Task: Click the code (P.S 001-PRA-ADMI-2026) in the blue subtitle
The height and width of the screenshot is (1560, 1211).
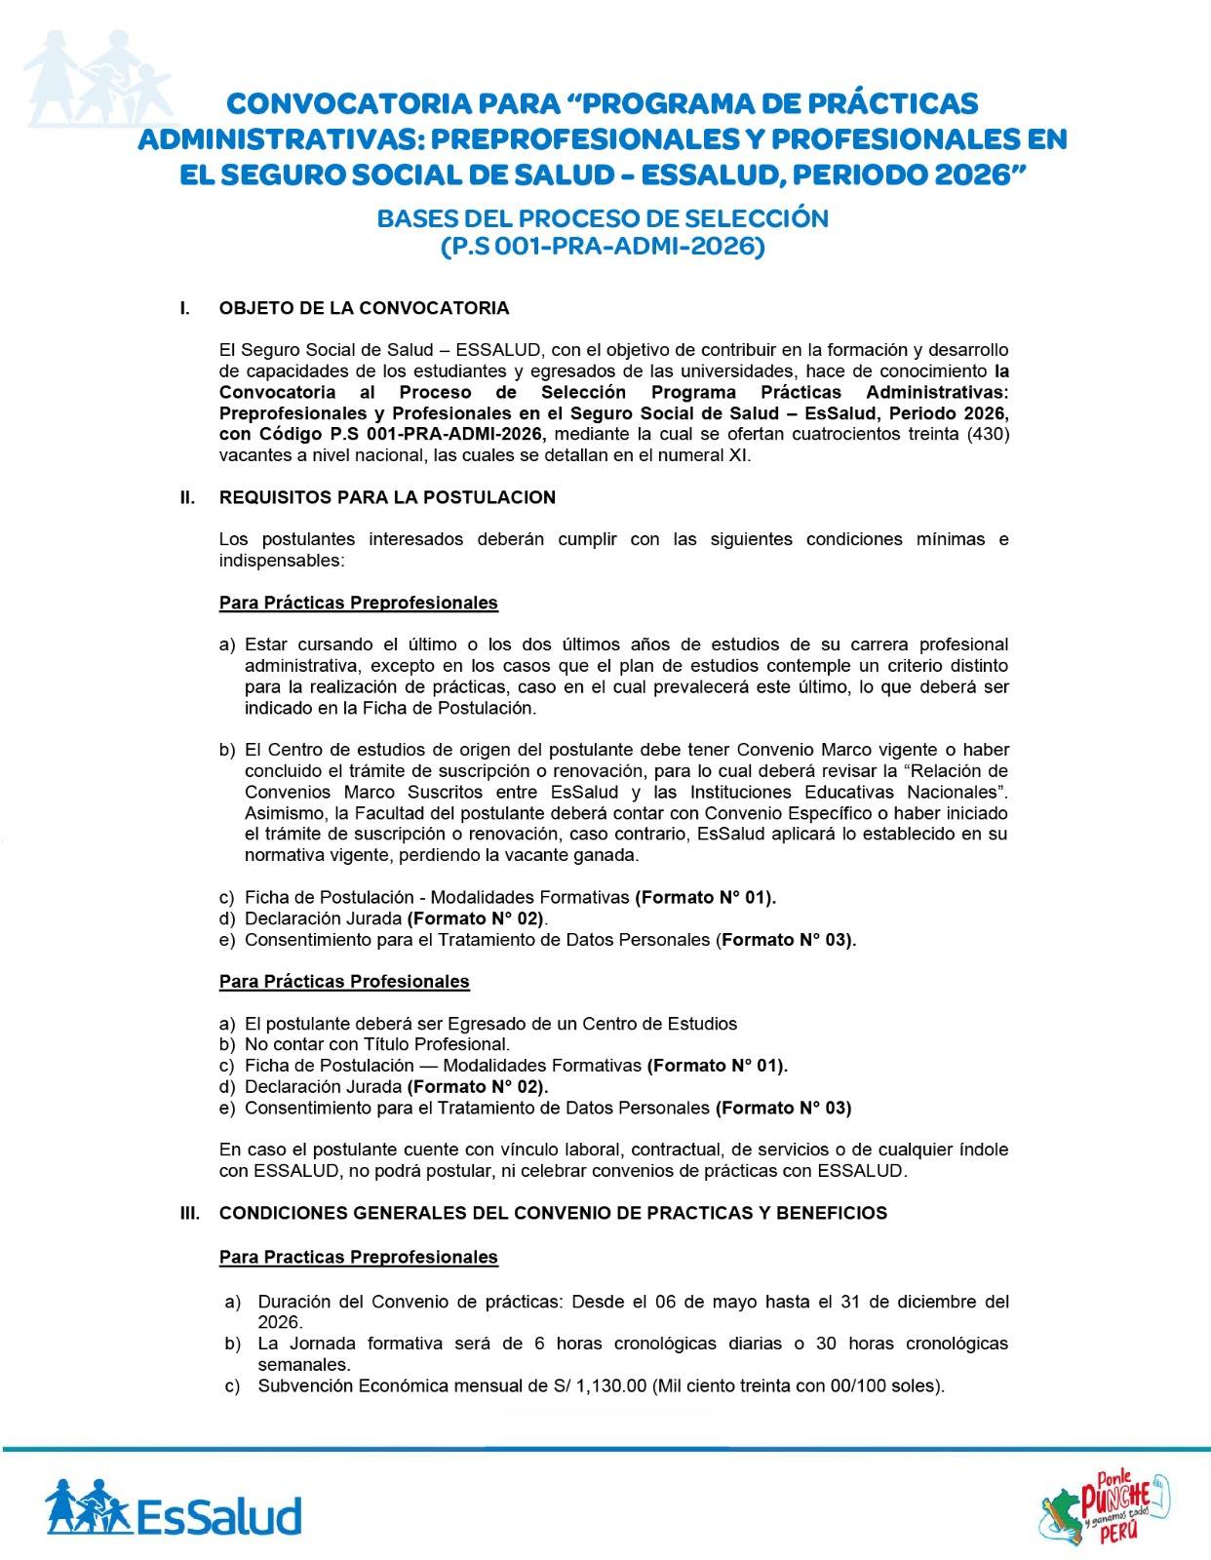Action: pyautogui.click(x=603, y=247)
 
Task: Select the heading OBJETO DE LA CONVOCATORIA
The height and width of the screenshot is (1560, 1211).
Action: pyautogui.click(x=364, y=308)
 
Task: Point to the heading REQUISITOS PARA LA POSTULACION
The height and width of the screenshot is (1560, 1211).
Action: pyautogui.click(x=387, y=497)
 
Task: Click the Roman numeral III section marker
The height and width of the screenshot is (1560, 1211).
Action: pyautogui.click(x=189, y=1213)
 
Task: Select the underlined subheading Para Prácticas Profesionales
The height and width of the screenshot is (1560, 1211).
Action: pyautogui.click(x=344, y=982)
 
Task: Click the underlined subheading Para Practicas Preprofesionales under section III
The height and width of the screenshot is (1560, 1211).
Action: pyautogui.click(x=358, y=1257)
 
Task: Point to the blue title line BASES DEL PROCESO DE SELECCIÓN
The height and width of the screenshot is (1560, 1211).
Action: pyautogui.click(x=603, y=218)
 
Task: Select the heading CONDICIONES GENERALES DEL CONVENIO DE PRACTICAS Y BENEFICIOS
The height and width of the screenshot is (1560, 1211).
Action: pyautogui.click(x=553, y=1213)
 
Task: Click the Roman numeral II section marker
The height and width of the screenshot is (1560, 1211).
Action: pyautogui.click(x=187, y=497)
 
